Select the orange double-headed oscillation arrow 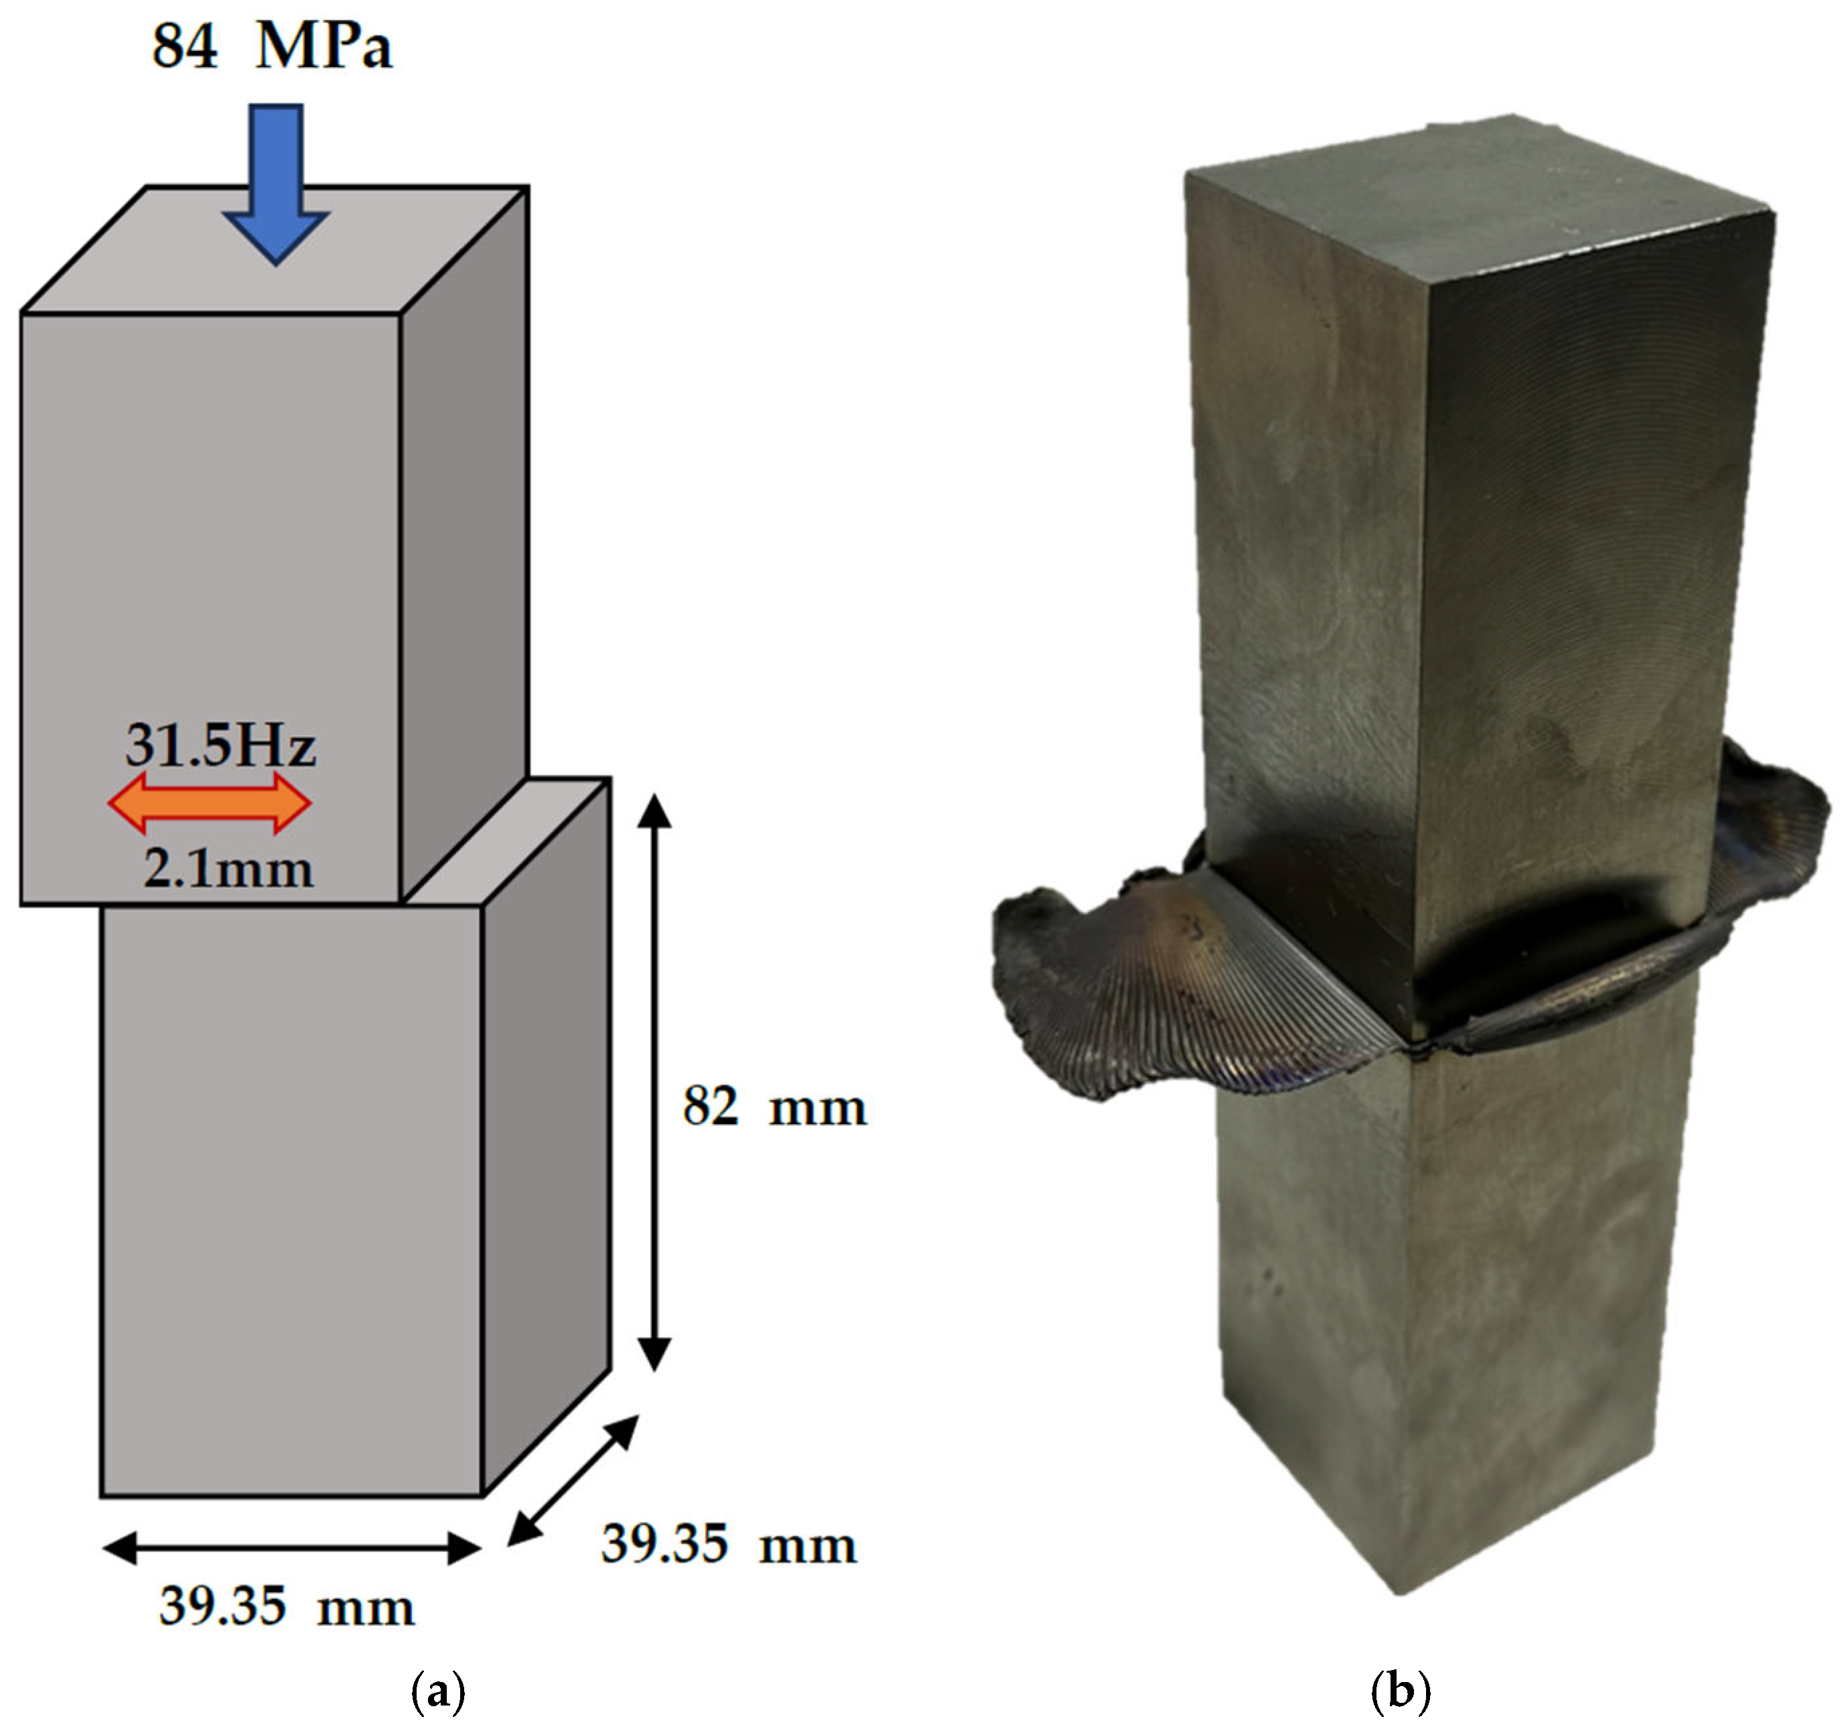pos(210,804)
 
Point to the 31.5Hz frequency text pos(220,744)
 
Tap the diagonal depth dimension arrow pos(573,1481)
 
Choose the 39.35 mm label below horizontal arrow pos(286,1606)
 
